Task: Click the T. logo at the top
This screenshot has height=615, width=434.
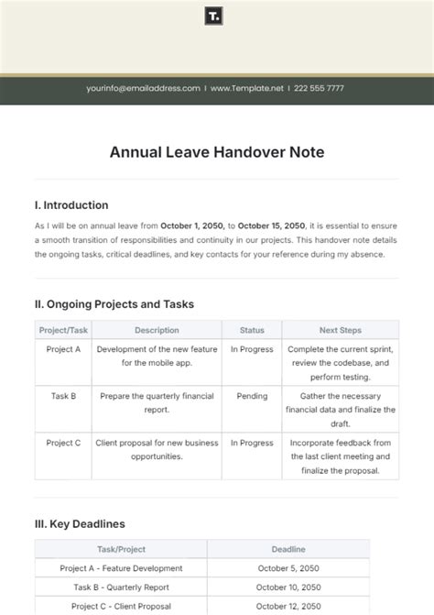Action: point(216,16)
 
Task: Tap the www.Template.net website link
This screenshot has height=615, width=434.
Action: point(248,88)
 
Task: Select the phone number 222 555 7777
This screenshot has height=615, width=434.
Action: point(320,88)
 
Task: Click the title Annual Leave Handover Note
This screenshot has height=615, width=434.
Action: point(217,153)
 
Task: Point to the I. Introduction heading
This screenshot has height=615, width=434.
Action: point(71,205)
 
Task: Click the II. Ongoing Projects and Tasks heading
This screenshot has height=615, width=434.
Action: point(114,304)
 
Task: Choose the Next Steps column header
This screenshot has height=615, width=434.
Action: point(340,330)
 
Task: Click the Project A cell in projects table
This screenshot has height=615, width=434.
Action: point(64,349)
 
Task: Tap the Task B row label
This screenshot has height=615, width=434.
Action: point(64,396)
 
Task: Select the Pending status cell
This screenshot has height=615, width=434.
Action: point(252,396)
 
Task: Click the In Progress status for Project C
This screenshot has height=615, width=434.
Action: point(252,443)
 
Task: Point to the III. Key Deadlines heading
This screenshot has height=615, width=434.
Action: point(80,524)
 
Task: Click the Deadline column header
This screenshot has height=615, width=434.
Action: point(288,549)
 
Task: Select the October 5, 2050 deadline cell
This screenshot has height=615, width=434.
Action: point(288,567)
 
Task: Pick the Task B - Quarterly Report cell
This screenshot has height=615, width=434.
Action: point(120,587)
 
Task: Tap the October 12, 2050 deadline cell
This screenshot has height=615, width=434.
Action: point(288,606)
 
